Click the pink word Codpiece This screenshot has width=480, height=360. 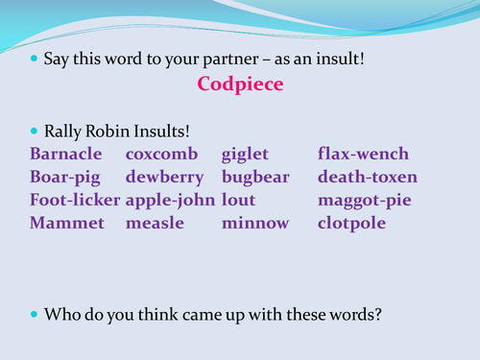click(239, 84)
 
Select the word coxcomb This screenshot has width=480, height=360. click(161, 154)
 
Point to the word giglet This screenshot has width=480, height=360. click(245, 154)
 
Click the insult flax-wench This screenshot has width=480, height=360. click(363, 154)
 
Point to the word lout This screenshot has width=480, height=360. click(238, 200)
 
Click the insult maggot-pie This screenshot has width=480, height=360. click(364, 200)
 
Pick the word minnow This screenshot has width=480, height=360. click(254, 223)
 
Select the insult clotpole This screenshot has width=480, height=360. click(352, 223)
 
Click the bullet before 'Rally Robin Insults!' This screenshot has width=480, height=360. click(36, 129)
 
